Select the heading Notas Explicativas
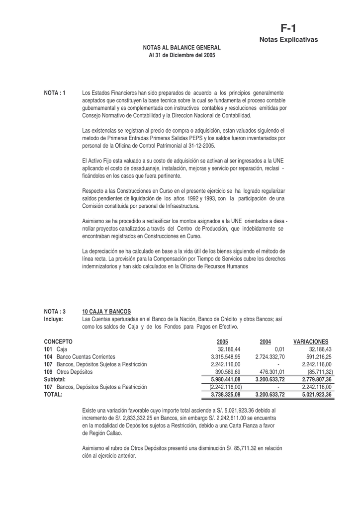(x=288, y=39)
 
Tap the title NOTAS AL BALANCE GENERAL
(x=182, y=47)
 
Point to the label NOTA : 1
(x=55, y=93)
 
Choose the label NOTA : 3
(x=55, y=311)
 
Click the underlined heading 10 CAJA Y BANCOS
(x=106, y=311)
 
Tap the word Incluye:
(x=54, y=319)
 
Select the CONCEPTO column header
(x=58, y=342)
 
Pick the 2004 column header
(x=265, y=342)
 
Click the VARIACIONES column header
(x=311, y=342)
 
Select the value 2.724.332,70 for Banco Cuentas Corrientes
(x=270, y=357)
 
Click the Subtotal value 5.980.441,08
(x=225, y=379)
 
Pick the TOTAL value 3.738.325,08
(x=225, y=395)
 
